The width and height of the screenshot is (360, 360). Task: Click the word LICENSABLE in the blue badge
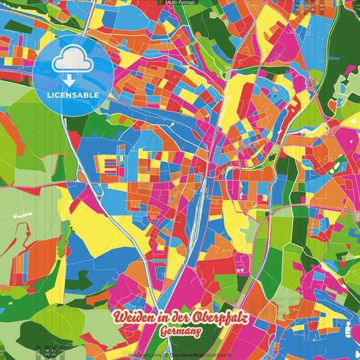[x=74, y=95]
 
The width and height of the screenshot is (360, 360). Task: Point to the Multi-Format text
[x=180, y=3]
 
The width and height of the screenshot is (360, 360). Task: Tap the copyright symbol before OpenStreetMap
[x=167, y=355]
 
